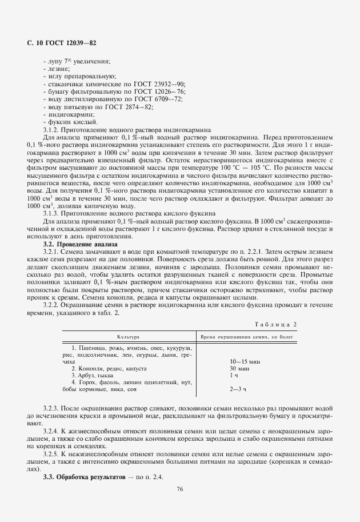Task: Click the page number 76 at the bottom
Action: (179, 488)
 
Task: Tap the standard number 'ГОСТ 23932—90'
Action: (159, 83)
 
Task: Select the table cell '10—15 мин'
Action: (245, 362)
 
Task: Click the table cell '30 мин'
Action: (238, 369)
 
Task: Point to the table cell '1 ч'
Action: (234, 376)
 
